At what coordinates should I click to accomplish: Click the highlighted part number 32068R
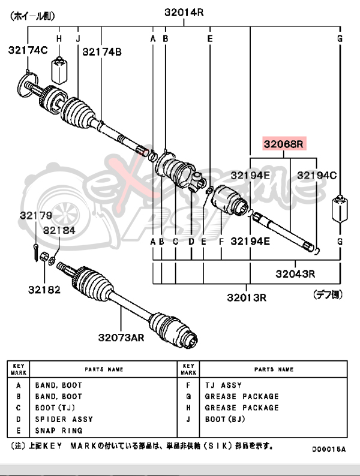(x=284, y=144)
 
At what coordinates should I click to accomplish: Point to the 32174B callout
(x=102, y=52)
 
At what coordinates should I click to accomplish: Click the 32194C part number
(x=317, y=175)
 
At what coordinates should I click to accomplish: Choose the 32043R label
(x=295, y=274)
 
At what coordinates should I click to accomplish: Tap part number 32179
(x=35, y=215)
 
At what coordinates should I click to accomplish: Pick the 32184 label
(x=59, y=230)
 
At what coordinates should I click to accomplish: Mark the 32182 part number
(x=44, y=290)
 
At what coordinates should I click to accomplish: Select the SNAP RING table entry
(x=58, y=430)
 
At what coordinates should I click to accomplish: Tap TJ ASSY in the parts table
(x=223, y=385)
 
